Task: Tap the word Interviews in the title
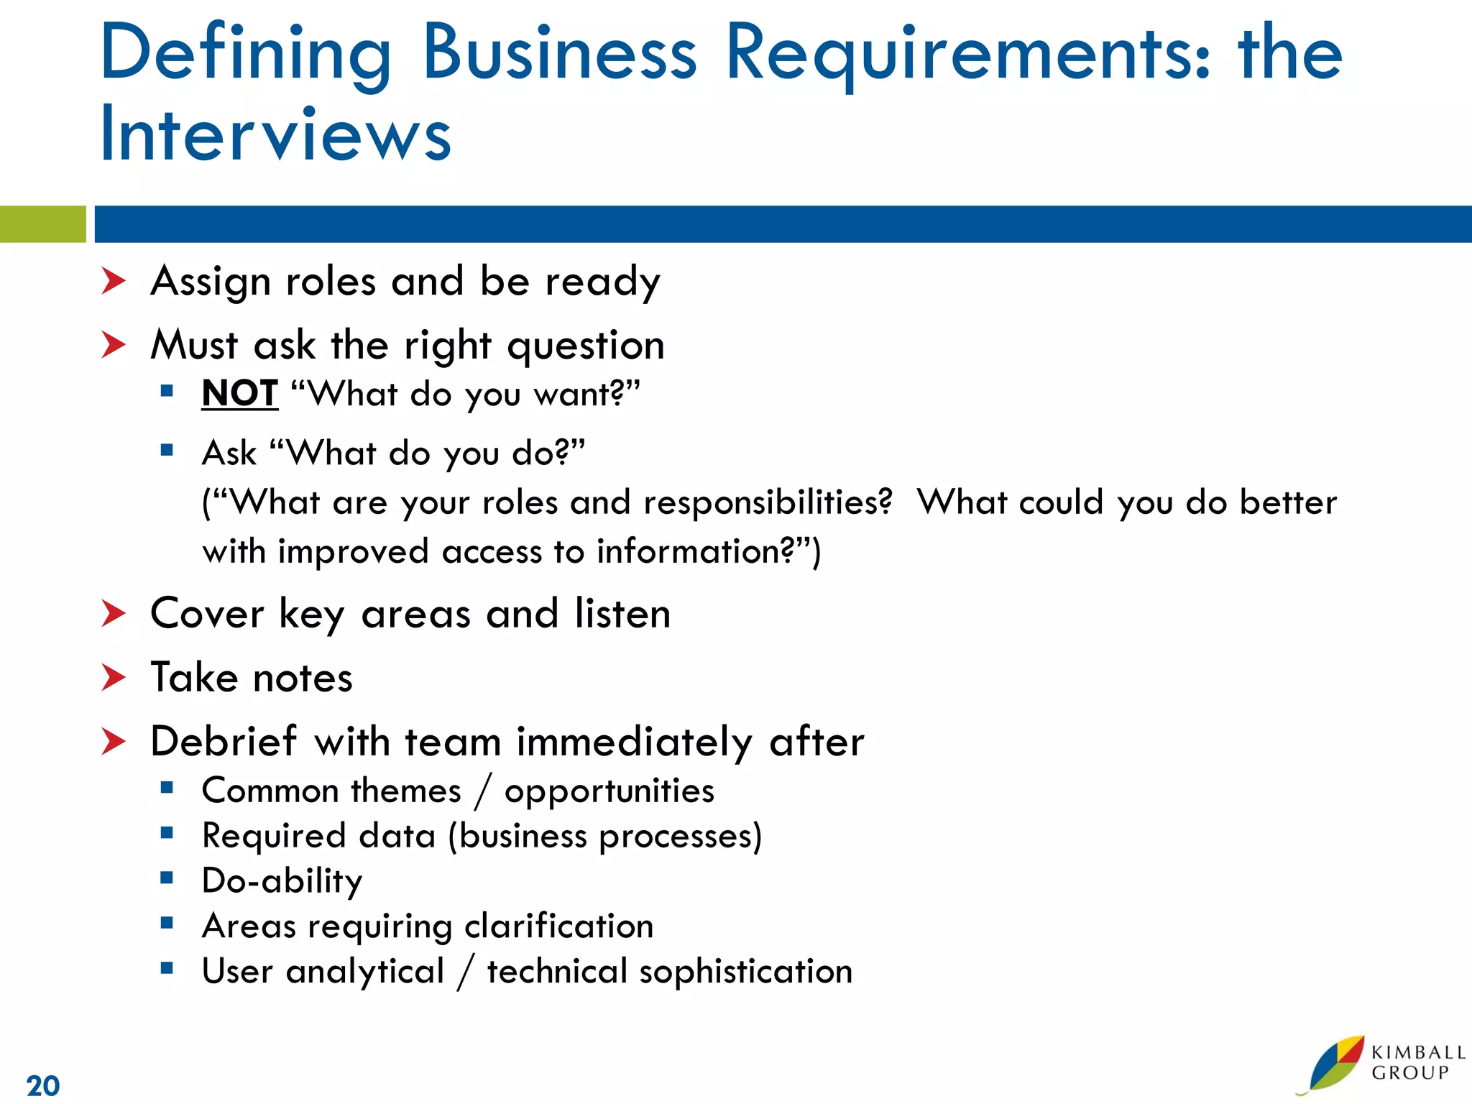click(x=276, y=134)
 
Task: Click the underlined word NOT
click(x=239, y=393)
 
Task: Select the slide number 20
click(x=43, y=1085)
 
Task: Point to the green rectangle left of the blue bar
click(x=42, y=224)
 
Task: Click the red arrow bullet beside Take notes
click(x=114, y=677)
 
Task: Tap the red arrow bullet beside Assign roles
click(x=114, y=280)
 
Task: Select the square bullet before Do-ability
click(x=167, y=878)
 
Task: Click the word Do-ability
click(x=282, y=881)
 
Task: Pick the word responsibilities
click(x=768, y=502)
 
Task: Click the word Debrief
click(x=224, y=741)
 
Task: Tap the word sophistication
click(x=745, y=972)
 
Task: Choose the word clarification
click(x=558, y=926)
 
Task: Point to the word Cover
click(x=208, y=614)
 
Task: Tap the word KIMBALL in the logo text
click(x=1417, y=1053)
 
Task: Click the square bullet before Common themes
click(x=167, y=788)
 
